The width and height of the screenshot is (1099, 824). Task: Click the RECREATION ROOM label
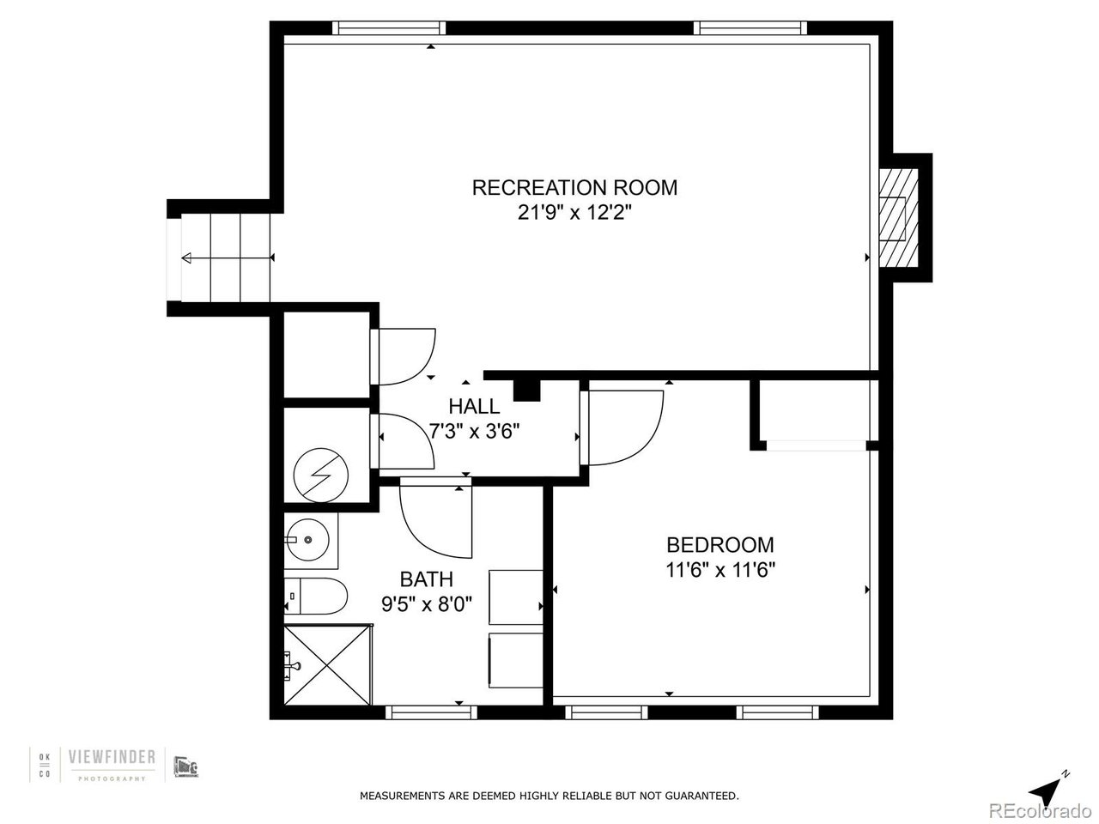coord(574,188)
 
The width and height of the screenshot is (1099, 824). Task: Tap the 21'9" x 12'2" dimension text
coord(574,213)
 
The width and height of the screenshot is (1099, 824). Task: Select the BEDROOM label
coord(720,545)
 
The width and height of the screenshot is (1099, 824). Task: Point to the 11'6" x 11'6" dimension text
coord(720,570)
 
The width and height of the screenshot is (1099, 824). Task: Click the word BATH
coord(426,579)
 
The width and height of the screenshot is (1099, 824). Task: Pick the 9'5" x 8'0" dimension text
coord(427,604)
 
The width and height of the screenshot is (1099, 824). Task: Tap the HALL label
coord(474,406)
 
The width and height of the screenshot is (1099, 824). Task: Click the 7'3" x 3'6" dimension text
coord(474,431)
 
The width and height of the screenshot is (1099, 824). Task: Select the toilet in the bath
coord(315,597)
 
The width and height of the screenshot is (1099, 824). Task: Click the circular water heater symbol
coord(320,475)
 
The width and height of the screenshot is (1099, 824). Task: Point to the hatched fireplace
coord(899,218)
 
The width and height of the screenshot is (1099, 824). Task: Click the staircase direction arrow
coord(228,258)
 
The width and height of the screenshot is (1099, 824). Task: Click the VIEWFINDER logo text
coord(112,757)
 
